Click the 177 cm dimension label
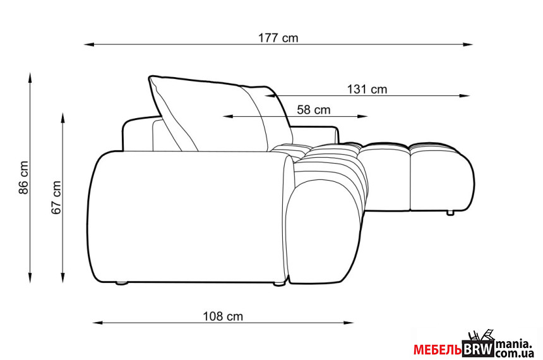point(278,38)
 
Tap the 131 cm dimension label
point(367,90)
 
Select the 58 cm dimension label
point(314,110)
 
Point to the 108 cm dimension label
point(223,316)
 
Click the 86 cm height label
point(23,177)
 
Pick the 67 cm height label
point(56,198)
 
